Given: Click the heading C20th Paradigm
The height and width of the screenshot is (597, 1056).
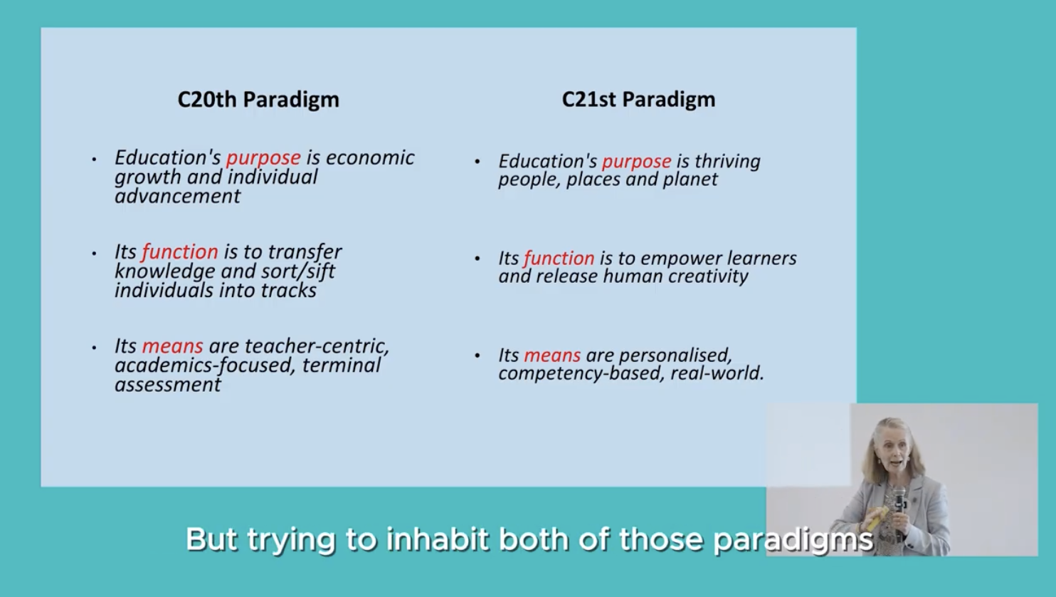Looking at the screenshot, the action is (x=258, y=100).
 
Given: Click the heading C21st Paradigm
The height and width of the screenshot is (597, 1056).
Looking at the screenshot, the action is (x=638, y=100).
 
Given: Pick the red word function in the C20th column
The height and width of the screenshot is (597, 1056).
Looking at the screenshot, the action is (x=179, y=252).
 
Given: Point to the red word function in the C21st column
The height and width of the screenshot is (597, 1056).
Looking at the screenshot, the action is (x=559, y=259).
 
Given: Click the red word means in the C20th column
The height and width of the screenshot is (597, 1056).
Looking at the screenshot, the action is (x=172, y=346).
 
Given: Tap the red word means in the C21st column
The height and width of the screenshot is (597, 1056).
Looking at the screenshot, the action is (x=552, y=355).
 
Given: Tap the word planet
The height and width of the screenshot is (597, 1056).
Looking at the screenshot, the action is (x=690, y=180).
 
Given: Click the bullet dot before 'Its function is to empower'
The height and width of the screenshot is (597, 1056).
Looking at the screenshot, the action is (x=477, y=259).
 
